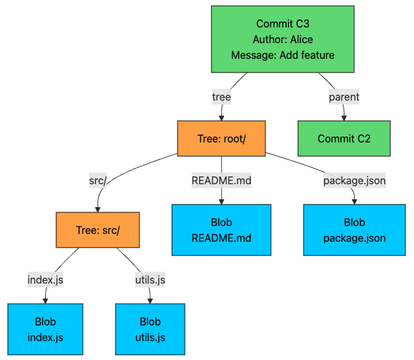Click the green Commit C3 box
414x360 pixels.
pyautogui.click(x=282, y=39)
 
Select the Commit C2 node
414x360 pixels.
pyautogui.click(x=344, y=139)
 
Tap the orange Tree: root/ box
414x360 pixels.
pyautogui.click(x=221, y=139)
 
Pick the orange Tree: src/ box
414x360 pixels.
pyautogui.click(x=97, y=230)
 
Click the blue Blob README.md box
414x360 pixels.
pyautogui.click(x=221, y=230)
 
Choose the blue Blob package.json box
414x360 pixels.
pyautogui.click(x=354, y=230)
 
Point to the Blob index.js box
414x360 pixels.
pyautogui.click(x=46, y=329)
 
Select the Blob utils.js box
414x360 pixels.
pyautogui.click(x=150, y=329)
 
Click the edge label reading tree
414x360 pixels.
pyautogui.click(x=221, y=97)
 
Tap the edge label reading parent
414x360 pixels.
pyautogui.click(x=343, y=97)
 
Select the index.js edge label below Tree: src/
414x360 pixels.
pyautogui.click(x=46, y=280)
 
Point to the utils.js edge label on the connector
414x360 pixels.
pyautogui.click(x=150, y=280)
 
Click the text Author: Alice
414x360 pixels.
pyautogui.click(x=282, y=39)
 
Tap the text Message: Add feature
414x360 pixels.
pyautogui.click(x=282, y=55)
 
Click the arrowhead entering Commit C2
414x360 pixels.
pyautogui.click(x=344, y=118)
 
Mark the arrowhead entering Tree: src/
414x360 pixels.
pyautogui.click(x=97, y=209)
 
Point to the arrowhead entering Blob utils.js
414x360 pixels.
pyautogui.click(x=150, y=301)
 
